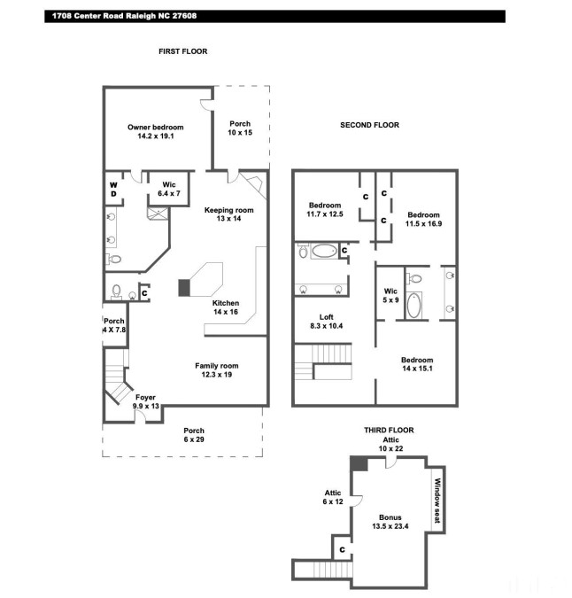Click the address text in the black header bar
tap(124, 16)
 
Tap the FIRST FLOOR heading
tap(183, 51)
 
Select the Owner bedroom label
tap(156, 132)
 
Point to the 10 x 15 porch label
tap(240, 128)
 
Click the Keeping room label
tap(228, 214)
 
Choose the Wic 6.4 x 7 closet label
tap(169, 190)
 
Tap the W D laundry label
tap(113, 190)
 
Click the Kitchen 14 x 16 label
tap(226, 307)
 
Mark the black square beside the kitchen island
tap(184, 288)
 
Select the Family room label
tap(217, 370)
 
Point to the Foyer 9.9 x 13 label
tap(145, 401)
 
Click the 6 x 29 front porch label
tap(194, 435)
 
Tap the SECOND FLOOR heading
tap(369, 125)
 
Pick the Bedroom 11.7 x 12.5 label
tap(325, 210)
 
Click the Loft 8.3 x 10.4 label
tap(326, 322)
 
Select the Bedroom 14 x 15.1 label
tap(417, 364)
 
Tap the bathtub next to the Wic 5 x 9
tap(414, 305)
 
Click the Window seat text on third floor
tap(437, 501)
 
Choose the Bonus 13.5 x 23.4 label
tap(390, 522)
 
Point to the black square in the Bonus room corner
tap(359, 463)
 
